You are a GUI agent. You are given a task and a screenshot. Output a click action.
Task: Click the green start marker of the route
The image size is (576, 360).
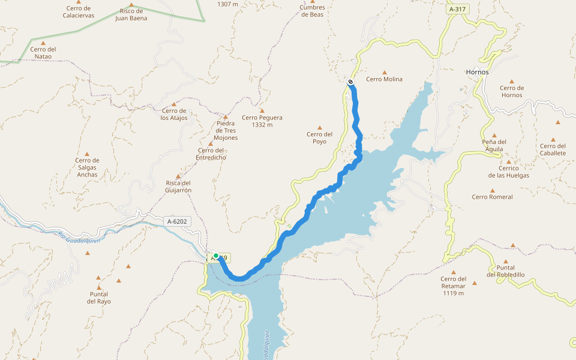click(x=216, y=256)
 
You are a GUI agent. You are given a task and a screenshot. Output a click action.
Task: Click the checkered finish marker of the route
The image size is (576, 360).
click(x=350, y=82)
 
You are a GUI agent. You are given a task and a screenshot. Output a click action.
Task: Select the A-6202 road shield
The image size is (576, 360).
click(x=177, y=221)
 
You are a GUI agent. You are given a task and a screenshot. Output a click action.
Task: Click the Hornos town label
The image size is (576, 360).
click(x=477, y=72)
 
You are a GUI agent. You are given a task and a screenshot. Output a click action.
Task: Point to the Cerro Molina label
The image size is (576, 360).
click(x=384, y=79)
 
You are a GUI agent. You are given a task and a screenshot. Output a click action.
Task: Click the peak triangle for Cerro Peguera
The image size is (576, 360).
click(x=262, y=110)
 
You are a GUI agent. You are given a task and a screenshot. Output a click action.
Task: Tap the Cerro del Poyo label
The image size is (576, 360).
click(x=319, y=138)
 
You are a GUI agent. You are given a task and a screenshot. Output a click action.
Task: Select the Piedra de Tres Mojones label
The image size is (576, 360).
click(x=226, y=130)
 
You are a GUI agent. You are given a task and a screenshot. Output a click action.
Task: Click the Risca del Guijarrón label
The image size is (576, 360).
click(x=178, y=187)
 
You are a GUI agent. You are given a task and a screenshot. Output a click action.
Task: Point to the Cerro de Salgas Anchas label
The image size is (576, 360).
click(x=87, y=167)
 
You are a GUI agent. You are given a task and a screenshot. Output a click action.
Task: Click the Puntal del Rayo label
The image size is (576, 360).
click(x=99, y=298)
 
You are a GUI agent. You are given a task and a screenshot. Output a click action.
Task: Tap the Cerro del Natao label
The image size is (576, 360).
click(x=43, y=53)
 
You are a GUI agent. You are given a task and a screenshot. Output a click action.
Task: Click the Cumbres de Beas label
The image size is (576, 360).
click(x=312, y=11)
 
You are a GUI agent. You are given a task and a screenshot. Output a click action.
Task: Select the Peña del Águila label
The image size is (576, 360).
click(x=494, y=146)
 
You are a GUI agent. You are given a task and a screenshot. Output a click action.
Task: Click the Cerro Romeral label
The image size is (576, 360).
click(x=492, y=197)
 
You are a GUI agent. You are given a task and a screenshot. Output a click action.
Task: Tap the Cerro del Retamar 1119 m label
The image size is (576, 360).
click(x=454, y=286)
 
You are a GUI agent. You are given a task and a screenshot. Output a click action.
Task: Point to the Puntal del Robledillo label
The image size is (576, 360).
click(x=506, y=271)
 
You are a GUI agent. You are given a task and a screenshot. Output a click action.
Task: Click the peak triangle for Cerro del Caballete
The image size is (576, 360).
click(x=558, y=122)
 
